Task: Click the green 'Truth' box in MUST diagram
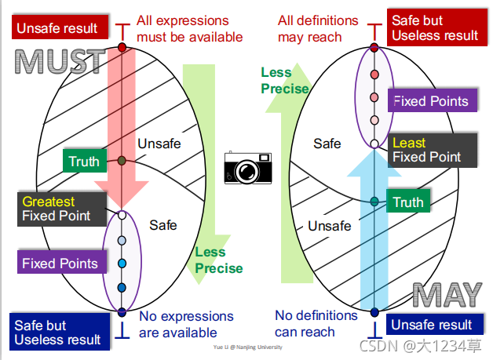coord(84,162)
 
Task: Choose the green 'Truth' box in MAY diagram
coord(408,202)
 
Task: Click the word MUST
coord(60,60)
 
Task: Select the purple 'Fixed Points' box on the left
coord(60,263)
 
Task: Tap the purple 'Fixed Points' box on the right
coord(430,100)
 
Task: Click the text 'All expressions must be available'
coord(189,28)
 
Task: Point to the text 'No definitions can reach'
coord(316,323)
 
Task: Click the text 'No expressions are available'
coord(186,324)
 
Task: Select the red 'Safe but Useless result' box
coord(434,27)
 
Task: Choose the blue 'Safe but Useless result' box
coord(57,332)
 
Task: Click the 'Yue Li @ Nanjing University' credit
coord(247,346)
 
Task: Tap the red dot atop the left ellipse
coord(122,48)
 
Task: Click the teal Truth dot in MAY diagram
coord(374,202)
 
